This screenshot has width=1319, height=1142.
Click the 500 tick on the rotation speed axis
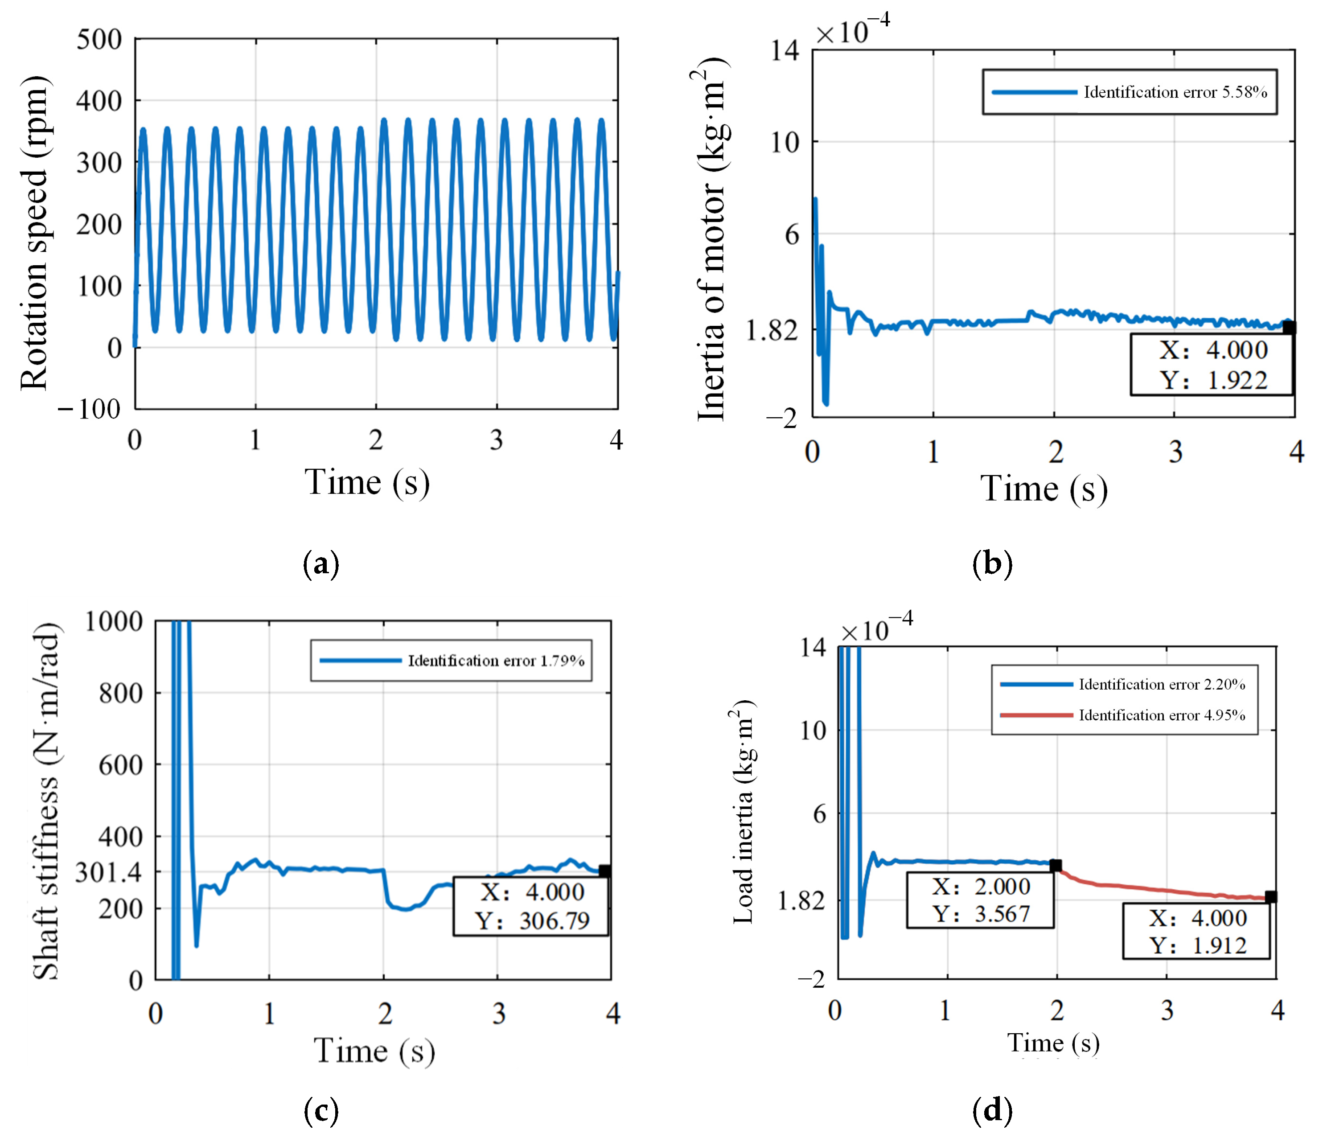pos(99,40)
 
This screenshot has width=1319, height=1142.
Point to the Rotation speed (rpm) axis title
pos(33,233)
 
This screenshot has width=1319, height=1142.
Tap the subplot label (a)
pos(321,564)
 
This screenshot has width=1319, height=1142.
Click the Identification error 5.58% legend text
pos(1175,92)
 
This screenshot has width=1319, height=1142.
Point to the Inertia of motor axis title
pos(712,239)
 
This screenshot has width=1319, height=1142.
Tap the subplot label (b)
pos(992,564)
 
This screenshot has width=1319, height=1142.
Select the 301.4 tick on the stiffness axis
pos(108,872)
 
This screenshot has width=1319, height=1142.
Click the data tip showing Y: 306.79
pos(531,906)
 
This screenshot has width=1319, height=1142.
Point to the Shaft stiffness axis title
pos(46,802)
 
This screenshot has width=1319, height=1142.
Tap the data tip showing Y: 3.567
pos(980,900)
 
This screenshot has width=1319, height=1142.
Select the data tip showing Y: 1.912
pos(1196,931)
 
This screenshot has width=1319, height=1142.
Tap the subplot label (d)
pos(992,1111)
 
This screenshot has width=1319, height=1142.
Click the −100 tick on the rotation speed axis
pos(89,409)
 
